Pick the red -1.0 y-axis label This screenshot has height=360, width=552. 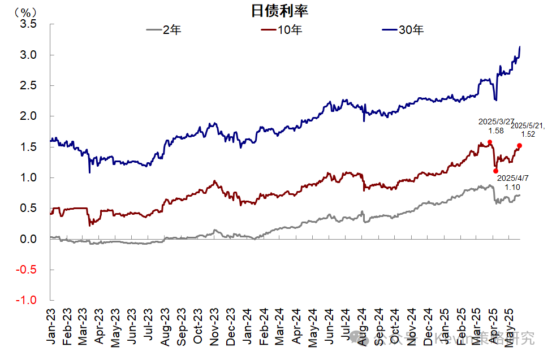click(x=27, y=300)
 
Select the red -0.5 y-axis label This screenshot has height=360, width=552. click(x=27, y=270)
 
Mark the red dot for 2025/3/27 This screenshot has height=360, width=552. click(x=490, y=142)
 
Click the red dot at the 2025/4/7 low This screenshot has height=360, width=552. click(x=496, y=171)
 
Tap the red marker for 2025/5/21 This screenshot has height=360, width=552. click(x=519, y=145)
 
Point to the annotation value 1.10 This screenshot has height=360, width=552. click(x=513, y=186)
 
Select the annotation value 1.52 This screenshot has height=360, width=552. click(x=527, y=135)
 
